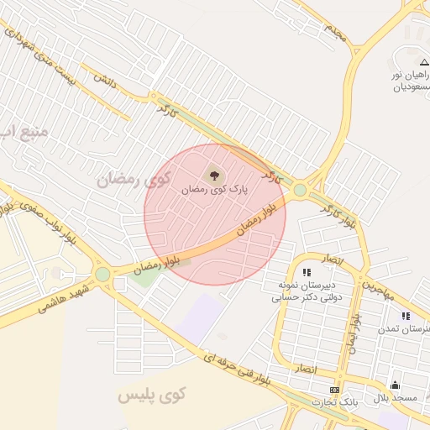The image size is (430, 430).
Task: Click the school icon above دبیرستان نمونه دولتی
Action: (x=307, y=272)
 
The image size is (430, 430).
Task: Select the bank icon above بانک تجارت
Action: (x=335, y=391)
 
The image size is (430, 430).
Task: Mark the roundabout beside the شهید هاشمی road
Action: (x=102, y=274)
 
